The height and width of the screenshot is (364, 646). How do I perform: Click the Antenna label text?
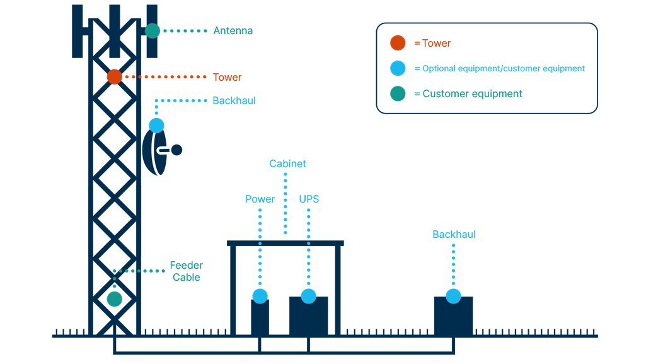point(233,31)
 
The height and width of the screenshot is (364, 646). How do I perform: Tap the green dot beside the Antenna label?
point(153,30)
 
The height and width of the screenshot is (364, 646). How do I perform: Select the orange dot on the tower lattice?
point(114,77)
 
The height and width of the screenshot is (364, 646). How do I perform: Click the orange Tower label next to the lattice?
point(227,78)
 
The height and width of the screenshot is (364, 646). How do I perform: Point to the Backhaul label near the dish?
point(234,101)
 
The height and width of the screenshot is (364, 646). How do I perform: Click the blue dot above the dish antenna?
point(156,126)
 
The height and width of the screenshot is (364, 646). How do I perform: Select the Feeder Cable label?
point(186,271)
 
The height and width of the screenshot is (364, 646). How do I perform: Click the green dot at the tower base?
point(114,299)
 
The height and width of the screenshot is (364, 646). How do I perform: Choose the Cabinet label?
point(287,164)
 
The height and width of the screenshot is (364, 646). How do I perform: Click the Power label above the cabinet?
point(260,199)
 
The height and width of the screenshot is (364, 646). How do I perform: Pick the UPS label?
point(309,199)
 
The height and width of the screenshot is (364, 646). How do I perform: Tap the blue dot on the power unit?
point(260,296)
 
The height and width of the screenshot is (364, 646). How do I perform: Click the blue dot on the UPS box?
point(308,296)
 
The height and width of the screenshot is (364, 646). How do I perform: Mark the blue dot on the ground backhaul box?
point(453,296)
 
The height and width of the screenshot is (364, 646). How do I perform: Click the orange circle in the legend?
point(398,43)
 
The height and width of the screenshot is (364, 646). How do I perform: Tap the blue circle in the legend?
point(398,68)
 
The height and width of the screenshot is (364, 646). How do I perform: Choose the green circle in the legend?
point(398,94)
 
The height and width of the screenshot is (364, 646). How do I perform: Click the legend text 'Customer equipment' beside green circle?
point(472,94)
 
